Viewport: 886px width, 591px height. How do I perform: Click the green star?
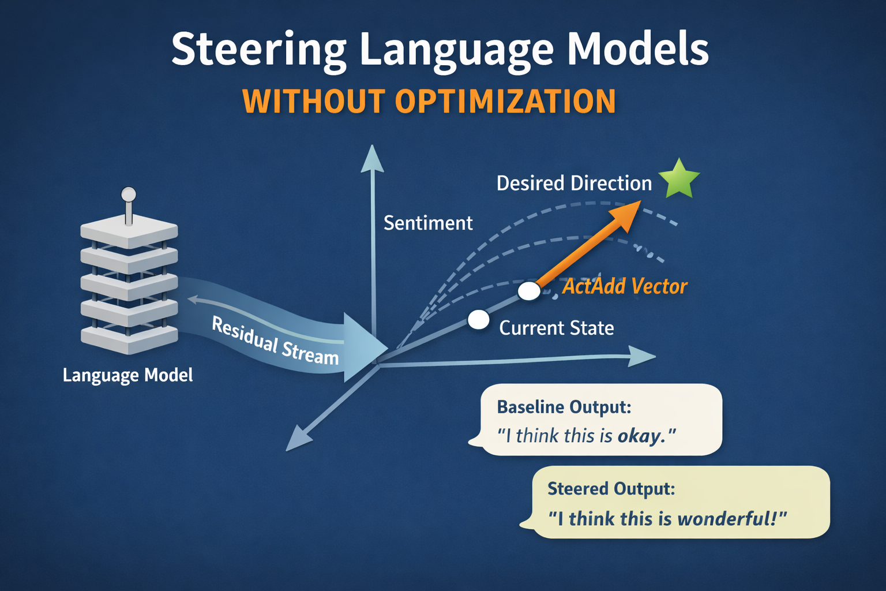click(x=679, y=179)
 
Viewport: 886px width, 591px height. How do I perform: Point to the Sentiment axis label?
click(x=428, y=223)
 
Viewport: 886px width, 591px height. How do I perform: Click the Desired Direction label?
click(x=574, y=184)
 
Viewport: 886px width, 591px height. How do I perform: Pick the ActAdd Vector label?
click(x=625, y=286)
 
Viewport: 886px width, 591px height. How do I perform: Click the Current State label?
click(x=556, y=328)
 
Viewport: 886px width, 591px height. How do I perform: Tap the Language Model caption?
click(x=127, y=375)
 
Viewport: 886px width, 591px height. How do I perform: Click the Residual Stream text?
click(x=275, y=341)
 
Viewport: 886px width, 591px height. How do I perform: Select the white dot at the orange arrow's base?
click(x=529, y=291)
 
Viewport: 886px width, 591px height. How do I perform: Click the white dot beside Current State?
click(x=478, y=319)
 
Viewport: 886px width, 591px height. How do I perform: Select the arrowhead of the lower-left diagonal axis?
click(x=298, y=439)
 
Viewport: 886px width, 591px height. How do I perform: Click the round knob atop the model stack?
click(x=129, y=194)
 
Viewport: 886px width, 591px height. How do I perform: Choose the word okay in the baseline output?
click(x=639, y=436)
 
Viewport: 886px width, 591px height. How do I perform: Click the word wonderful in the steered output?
click(x=726, y=519)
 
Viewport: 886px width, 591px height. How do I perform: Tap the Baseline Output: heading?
click(x=564, y=407)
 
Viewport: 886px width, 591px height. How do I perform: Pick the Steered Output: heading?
click(x=611, y=489)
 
